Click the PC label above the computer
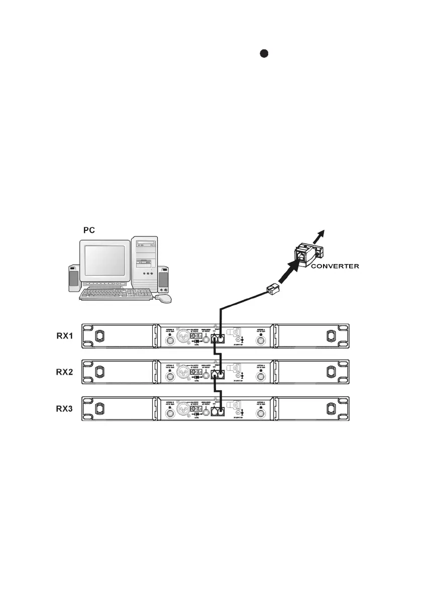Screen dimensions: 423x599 (x=89, y=230)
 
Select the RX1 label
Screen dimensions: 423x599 (x=65, y=336)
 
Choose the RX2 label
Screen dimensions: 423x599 (x=65, y=373)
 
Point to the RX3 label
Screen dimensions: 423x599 (x=65, y=409)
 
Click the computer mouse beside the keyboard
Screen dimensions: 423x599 (x=163, y=298)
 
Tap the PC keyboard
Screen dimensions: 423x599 (x=116, y=294)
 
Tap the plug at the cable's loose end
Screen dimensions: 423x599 (x=273, y=289)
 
